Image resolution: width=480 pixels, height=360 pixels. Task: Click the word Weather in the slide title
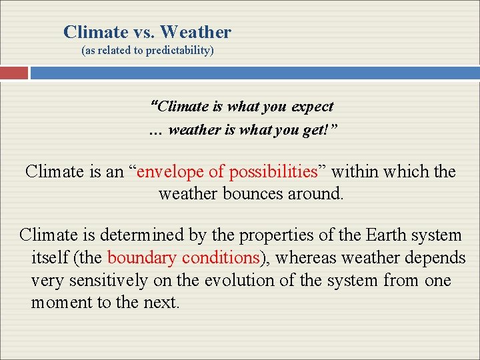pos(195,32)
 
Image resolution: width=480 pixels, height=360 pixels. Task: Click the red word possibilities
pos(273,171)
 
